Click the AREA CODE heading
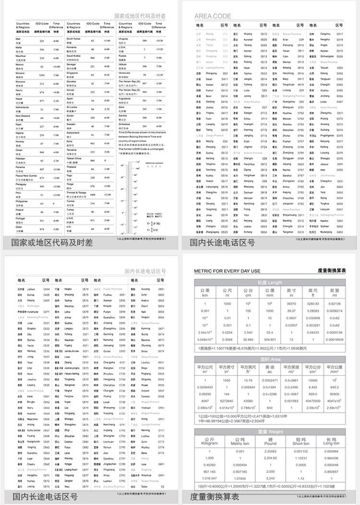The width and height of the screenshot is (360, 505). (212, 16)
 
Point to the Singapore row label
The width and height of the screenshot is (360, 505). (73, 74)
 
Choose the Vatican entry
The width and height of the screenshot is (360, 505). (124, 65)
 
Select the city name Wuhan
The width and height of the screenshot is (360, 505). (248, 107)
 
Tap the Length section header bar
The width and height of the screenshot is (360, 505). (270, 282)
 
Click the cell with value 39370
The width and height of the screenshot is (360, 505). (291, 303)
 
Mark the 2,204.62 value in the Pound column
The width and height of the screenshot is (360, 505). (270, 458)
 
